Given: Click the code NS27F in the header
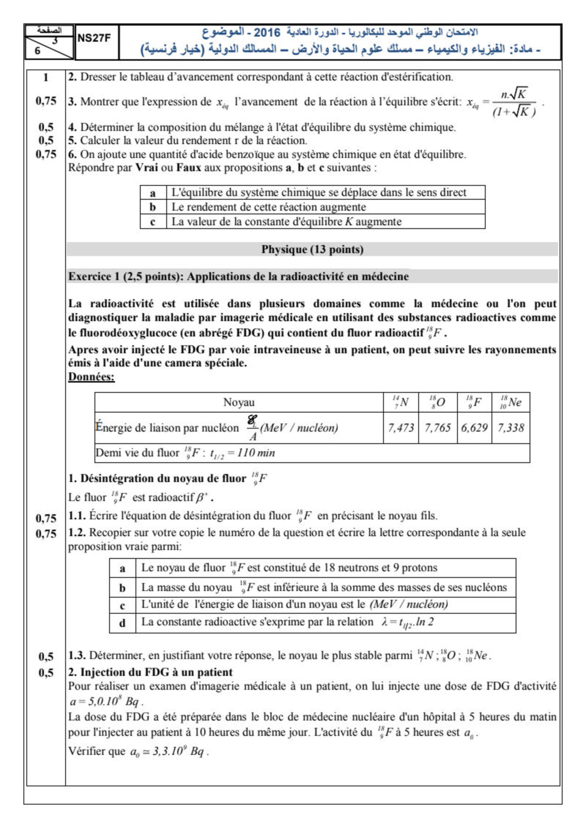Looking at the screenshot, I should coord(93,38).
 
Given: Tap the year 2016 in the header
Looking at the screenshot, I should coord(267,33).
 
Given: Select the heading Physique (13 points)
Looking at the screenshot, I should coord(312,249).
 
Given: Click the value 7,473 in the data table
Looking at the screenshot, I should coord(401,428).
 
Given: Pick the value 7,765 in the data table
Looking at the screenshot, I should coord(437,428).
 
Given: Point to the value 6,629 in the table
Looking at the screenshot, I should coord(474,428).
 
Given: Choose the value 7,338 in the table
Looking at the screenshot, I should coord(511,428).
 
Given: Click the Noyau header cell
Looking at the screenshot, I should coord(239,402).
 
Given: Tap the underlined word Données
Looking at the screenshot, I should coord(91,377).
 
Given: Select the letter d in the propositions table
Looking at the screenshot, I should coord(122,623).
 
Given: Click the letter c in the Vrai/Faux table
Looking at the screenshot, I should coord(153,222).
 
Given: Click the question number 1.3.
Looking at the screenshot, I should coord(76,656).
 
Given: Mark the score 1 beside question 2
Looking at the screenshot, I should coord(46,77).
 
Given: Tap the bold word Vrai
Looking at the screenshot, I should coord(146,168).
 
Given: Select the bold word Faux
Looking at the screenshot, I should coord(189,168).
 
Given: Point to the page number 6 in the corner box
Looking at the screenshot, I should coord(38,51).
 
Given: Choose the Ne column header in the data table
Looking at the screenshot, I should coord(511,402).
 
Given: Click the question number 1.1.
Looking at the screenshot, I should coord(76,516).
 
